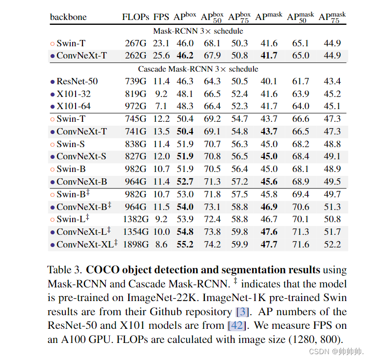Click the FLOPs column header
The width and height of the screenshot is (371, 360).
[x=136, y=18]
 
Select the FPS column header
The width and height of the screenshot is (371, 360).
[x=161, y=18]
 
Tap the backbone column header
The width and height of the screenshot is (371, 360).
[x=68, y=18]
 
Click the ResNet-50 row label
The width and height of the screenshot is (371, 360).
[x=77, y=81]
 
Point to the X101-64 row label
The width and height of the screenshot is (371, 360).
[x=74, y=106]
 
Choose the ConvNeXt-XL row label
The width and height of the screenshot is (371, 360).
[x=86, y=244]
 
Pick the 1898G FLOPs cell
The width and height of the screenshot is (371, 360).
[x=135, y=244]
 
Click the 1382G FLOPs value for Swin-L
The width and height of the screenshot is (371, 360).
[x=135, y=219]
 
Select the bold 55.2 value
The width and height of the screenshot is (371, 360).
[x=185, y=244]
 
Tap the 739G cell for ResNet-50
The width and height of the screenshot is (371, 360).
[x=135, y=81]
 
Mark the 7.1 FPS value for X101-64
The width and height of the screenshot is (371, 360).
[x=161, y=106]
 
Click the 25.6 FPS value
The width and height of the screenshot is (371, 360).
[x=161, y=56]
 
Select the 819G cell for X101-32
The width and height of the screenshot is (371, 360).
[x=135, y=94]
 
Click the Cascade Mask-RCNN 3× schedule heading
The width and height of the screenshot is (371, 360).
[x=198, y=69]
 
